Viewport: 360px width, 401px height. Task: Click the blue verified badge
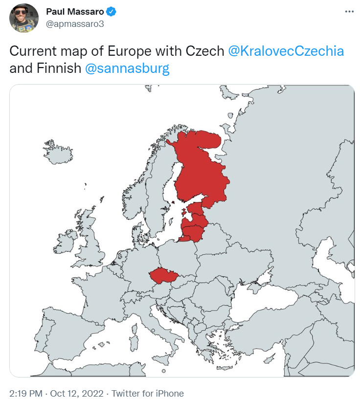[111, 12]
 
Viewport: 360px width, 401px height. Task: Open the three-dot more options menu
[349, 11]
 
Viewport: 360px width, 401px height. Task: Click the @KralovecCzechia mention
[286, 51]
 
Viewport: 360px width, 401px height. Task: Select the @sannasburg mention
[127, 68]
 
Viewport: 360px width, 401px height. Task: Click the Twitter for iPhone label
[148, 393]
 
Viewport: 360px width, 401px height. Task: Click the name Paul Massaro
[75, 12]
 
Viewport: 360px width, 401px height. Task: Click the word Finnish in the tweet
[58, 68]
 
